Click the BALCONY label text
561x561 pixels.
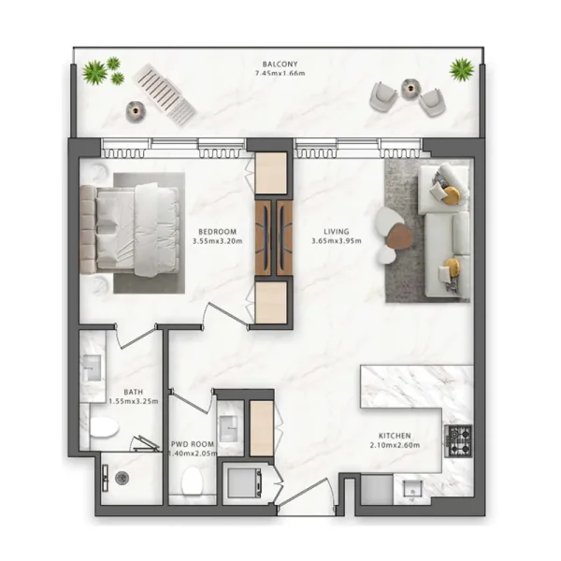(280, 63)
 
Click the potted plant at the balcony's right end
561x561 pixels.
(461, 68)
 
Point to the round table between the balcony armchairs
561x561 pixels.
(410, 88)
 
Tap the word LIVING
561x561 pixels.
(336, 231)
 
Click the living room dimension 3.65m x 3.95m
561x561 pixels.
(336, 241)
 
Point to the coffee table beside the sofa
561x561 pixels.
(393, 227)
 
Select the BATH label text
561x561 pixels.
(133, 393)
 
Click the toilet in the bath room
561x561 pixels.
(104, 428)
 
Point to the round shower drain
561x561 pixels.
(122, 478)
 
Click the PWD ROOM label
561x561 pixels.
(194, 444)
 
